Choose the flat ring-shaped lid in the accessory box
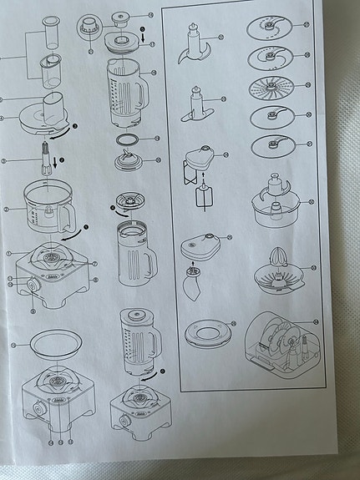[x=206, y=332]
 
